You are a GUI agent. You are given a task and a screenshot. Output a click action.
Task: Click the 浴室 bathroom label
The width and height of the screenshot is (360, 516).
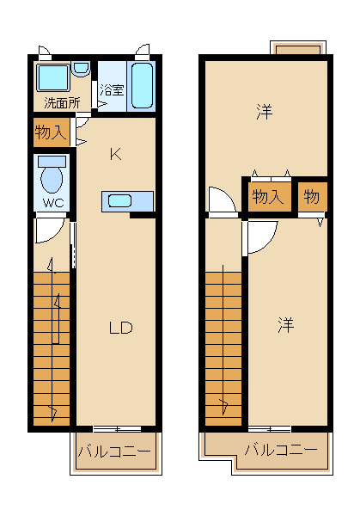112,89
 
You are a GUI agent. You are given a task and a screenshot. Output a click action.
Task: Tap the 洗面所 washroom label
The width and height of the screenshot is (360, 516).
62,103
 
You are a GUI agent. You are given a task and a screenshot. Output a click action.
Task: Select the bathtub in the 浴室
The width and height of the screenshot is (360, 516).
142,85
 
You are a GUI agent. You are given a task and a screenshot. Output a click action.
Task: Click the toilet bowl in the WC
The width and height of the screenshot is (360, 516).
52,180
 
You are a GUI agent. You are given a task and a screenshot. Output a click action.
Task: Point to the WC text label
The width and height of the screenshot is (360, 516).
53,203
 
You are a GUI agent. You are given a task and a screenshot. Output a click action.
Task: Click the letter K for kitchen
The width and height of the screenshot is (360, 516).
115,154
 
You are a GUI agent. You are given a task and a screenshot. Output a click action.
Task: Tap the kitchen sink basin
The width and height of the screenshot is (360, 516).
120,200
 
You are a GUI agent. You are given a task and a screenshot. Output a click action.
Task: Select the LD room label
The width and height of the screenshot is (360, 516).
120,328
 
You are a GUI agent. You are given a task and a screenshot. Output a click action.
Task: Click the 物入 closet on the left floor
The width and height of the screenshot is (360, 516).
52,132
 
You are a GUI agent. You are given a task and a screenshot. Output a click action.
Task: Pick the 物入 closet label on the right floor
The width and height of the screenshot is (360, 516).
267,197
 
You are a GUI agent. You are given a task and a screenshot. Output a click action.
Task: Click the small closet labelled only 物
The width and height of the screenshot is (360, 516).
313,196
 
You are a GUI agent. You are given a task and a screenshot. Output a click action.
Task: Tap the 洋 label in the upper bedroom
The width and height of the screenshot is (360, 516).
264,112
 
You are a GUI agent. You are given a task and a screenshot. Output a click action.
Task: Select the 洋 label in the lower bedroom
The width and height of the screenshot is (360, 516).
285,325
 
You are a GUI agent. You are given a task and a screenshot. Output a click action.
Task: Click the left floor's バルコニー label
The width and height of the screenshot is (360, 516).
114,451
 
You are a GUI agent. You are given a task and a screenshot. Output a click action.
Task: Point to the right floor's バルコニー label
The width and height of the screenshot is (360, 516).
281,450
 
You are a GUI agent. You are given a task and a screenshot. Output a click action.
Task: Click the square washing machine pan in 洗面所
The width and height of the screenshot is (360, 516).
53,77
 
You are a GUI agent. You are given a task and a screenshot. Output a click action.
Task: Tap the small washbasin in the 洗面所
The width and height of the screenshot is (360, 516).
81,69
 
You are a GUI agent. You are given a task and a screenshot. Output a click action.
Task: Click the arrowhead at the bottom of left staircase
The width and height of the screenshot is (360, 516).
52,413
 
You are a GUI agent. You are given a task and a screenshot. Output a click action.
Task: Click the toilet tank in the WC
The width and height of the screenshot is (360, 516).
52,162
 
